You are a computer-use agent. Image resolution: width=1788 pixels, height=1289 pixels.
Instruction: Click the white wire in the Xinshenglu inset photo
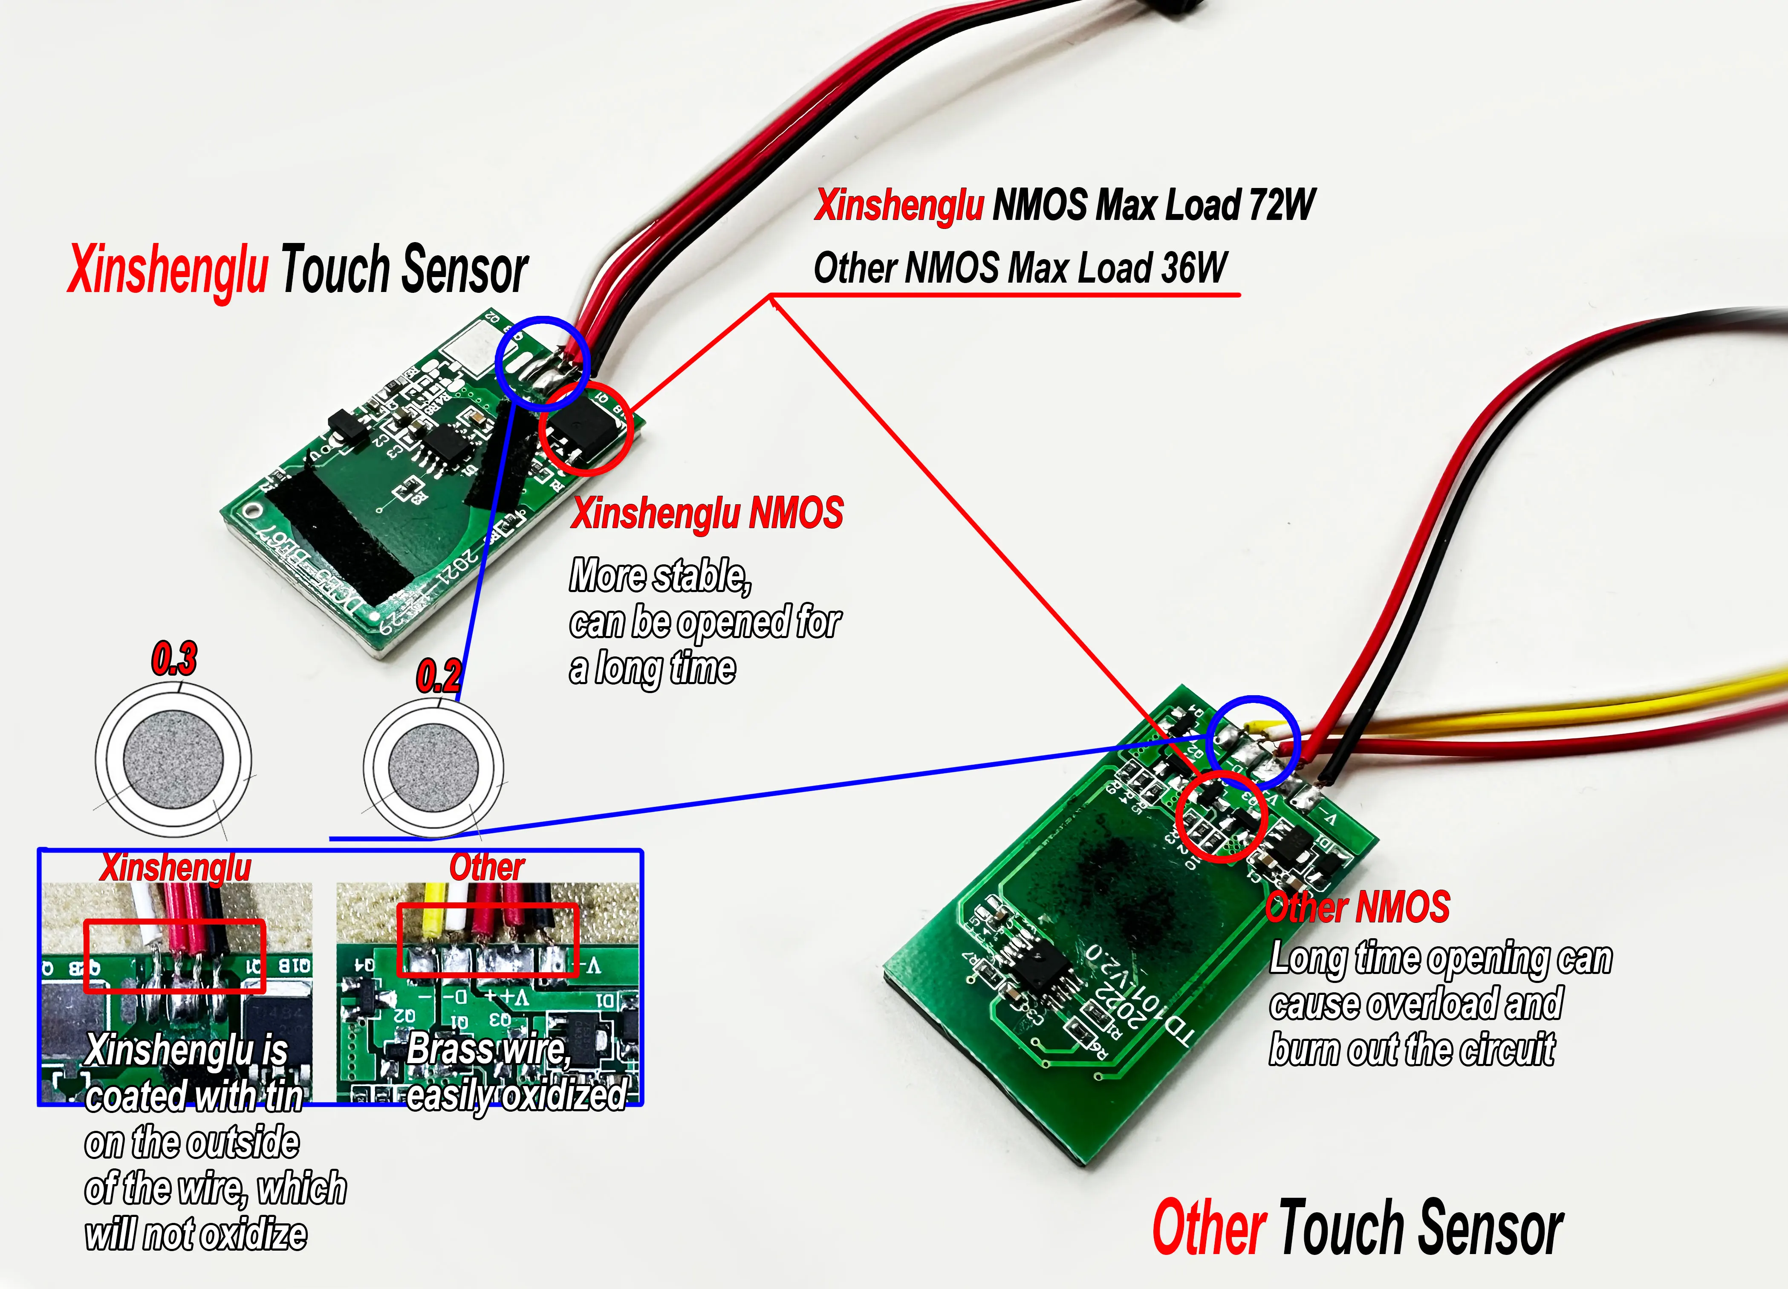147,914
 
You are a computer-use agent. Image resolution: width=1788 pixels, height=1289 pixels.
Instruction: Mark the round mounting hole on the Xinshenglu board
252,510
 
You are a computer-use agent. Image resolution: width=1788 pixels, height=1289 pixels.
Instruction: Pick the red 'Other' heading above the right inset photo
486,868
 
